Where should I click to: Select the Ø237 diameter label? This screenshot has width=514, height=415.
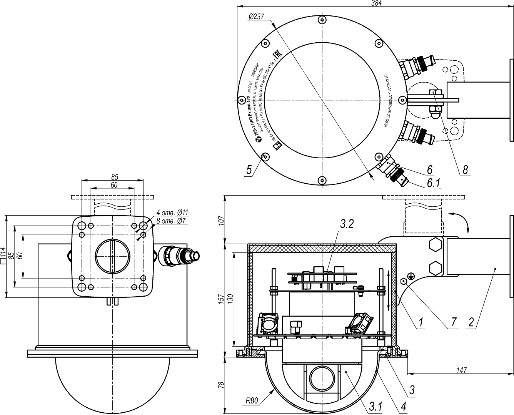click(x=256, y=17)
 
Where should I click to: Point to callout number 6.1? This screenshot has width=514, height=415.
click(x=433, y=183)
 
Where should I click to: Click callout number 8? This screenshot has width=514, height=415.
click(x=465, y=169)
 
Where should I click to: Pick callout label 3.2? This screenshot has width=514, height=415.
click(x=346, y=224)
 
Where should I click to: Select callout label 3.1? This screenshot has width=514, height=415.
click(x=375, y=405)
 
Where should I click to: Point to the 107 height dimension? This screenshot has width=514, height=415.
click(x=220, y=219)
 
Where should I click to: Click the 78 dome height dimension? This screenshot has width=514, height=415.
click(x=220, y=385)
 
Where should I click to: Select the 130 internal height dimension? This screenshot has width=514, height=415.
click(x=230, y=299)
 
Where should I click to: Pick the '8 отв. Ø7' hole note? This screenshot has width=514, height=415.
click(x=172, y=221)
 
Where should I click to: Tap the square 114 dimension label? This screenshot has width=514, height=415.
click(x=3, y=256)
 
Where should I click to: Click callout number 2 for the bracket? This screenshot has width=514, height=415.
click(x=471, y=322)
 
